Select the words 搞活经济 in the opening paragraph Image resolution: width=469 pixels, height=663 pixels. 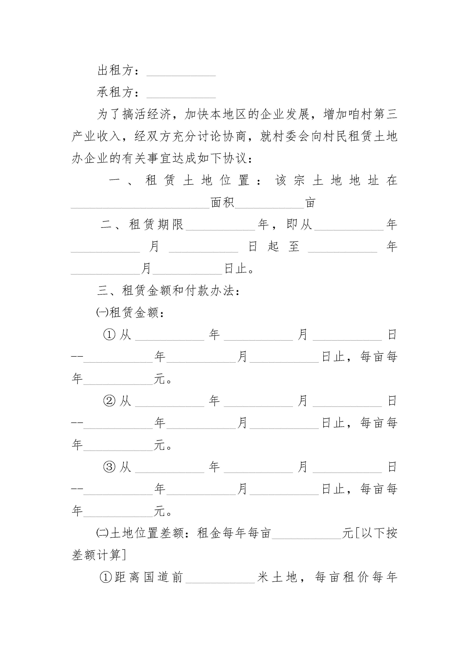(x=147, y=114)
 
